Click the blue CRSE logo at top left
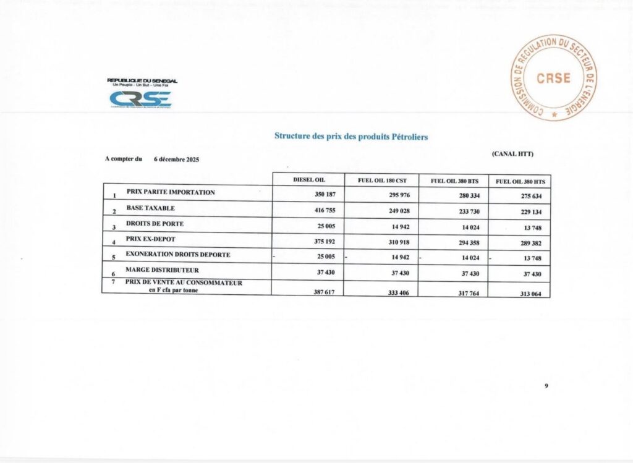[x=140, y=99]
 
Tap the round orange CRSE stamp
[x=553, y=78]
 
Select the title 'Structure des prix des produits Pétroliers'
[x=351, y=136]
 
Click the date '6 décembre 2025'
[x=177, y=159]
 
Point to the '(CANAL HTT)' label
[x=512, y=153]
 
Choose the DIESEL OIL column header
[x=309, y=180]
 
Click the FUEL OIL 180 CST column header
[x=381, y=181]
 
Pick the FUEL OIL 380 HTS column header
[x=520, y=181]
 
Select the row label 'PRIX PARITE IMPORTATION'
[x=171, y=192]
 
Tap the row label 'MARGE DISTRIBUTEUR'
[x=163, y=270]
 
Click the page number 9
[x=546, y=386]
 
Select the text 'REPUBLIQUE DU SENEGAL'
[x=142, y=80]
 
